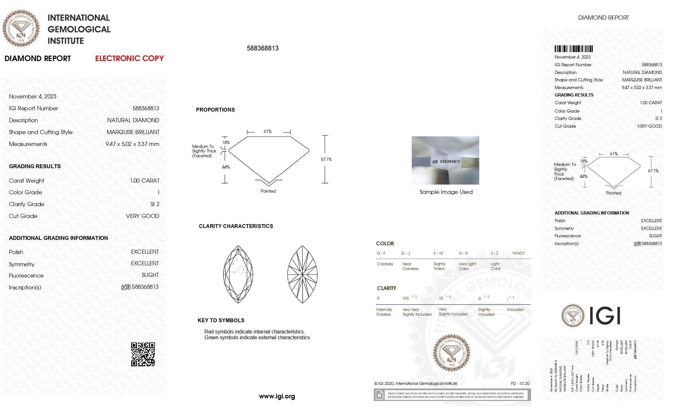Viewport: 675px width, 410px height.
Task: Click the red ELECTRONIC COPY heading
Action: click(x=129, y=59)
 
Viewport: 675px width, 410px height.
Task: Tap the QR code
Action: click(x=143, y=354)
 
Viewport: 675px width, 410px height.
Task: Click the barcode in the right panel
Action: click(x=573, y=49)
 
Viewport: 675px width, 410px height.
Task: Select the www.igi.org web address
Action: click(x=277, y=396)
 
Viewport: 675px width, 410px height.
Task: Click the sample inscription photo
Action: click(x=445, y=160)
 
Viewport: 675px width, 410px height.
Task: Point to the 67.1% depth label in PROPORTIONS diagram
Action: click(x=326, y=159)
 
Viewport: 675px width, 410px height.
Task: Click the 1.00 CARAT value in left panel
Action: click(x=145, y=181)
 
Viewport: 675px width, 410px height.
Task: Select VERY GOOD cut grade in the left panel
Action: click(x=142, y=216)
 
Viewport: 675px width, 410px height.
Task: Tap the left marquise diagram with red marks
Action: click(x=238, y=274)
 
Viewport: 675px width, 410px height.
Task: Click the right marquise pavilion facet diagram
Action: click(x=302, y=274)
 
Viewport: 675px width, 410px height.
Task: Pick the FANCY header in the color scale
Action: click(x=518, y=253)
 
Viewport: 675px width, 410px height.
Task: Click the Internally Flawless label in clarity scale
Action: click(x=384, y=312)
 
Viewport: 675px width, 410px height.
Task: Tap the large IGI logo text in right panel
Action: click(x=605, y=316)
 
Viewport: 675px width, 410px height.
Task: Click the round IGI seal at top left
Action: click(x=21, y=28)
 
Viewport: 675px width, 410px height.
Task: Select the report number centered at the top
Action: click(x=263, y=48)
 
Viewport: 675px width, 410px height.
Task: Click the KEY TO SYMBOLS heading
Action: click(x=221, y=320)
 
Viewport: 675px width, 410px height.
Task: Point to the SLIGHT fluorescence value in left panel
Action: click(x=150, y=275)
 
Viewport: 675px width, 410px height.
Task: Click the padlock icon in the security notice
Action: click(x=379, y=395)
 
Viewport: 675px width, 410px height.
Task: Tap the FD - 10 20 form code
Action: click(x=520, y=384)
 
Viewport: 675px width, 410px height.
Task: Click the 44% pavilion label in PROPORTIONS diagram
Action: click(x=226, y=167)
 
